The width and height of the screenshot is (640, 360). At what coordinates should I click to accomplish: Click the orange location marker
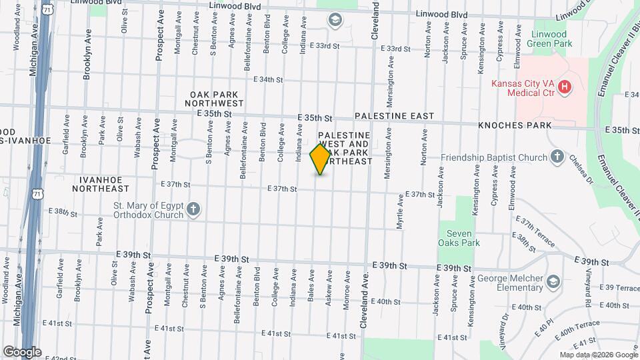point(320,159)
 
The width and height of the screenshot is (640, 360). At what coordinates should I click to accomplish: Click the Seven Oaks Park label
point(463,238)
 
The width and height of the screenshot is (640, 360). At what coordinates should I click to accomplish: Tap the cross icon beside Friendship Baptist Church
point(557,157)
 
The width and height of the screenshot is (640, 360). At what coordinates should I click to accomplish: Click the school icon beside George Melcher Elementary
point(553,282)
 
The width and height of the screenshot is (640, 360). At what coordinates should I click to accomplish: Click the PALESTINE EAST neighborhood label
point(394,116)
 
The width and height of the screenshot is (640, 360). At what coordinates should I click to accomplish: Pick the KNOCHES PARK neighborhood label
point(515,125)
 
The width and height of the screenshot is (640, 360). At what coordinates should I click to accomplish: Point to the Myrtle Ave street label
point(400,212)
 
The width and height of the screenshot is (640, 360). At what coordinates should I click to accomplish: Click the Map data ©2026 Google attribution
point(597,355)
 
